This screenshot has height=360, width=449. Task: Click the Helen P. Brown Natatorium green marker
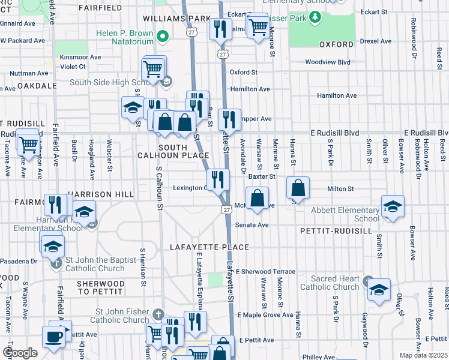pos(161,38)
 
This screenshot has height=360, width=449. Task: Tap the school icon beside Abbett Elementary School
pos(393,207)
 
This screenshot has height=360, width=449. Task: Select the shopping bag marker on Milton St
pos(298,188)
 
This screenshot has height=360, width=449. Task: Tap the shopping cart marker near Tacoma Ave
pos(27,143)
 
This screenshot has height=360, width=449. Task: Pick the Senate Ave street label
pos(255,225)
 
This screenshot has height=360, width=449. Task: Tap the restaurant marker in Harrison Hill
pos(54,204)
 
